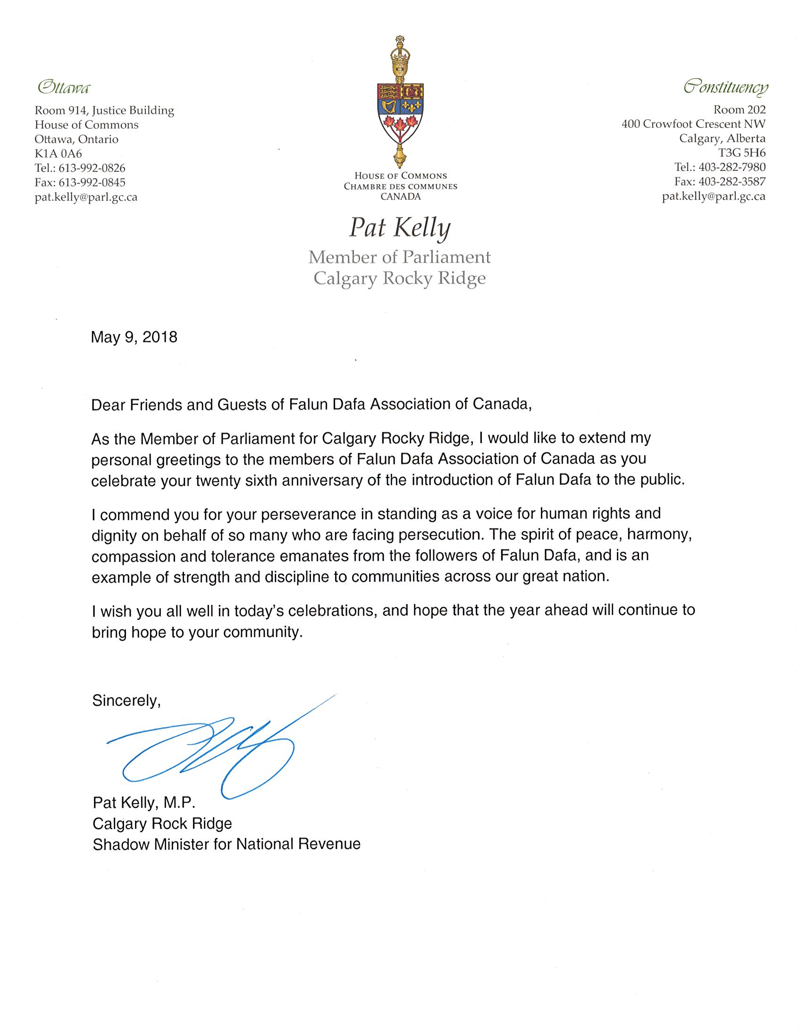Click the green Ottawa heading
pyautogui.click(x=63, y=87)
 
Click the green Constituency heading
pyautogui.click(x=725, y=87)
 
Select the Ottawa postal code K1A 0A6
pyautogui.click(x=58, y=154)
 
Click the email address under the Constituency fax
pyautogui.click(x=714, y=197)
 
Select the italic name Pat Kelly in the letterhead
pyautogui.click(x=400, y=228)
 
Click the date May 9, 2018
pyautogui.click(x=134, y=337)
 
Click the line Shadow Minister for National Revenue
pyautogui.click(x=227, y=844)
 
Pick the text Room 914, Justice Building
pyautogui.click(x=104, y=111)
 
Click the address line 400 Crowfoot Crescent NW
pyautogui.click(x=693, y=124)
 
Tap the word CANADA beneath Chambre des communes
pyautogui.click(x=400, y=197)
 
